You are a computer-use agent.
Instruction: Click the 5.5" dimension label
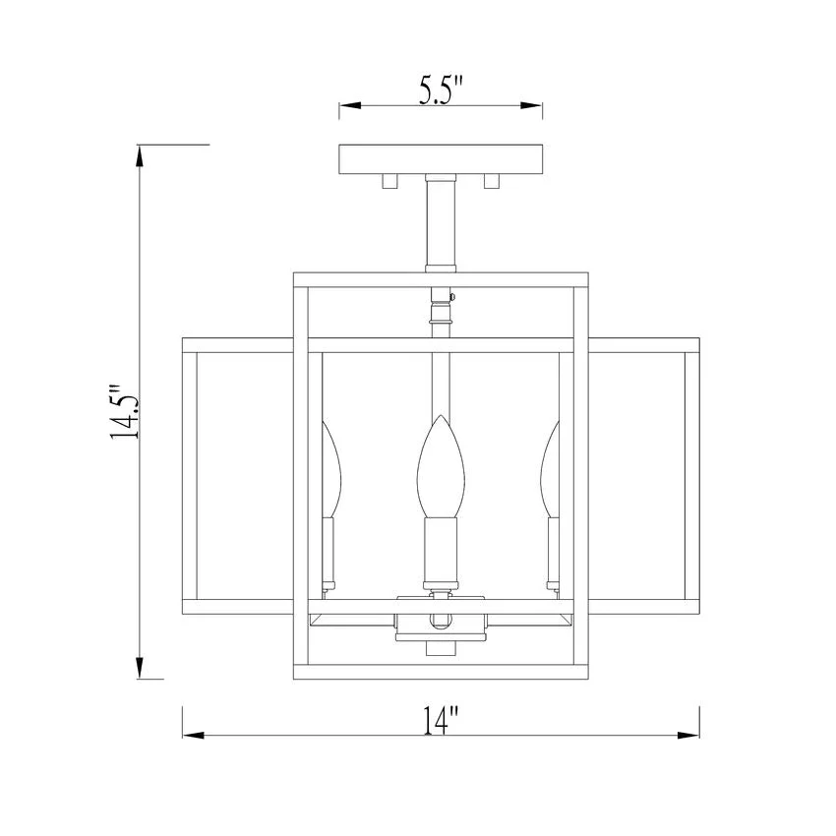pyautogui.click(x=442, y=90)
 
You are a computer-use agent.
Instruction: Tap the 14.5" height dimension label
pyautogui.click(x=125, y=411)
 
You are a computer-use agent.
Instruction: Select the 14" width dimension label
pyautogui.click(x=441, y=720)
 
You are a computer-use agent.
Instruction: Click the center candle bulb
pyautogui.click(x=441, y=467)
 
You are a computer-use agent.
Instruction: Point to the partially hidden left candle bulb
pyautogui.click(x=331, y=469)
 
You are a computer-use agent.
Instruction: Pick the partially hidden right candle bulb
pyautogui.click(x=550, y=469)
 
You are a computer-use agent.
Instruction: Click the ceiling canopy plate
pyautogui.click(x=441, y=159)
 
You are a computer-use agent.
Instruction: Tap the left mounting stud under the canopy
pyautogui.click(x=390, y=181)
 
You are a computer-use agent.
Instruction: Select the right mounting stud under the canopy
pyautogui.click(x=491, y=181)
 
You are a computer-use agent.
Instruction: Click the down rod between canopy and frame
pyautogui.click(x=441, y=224)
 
